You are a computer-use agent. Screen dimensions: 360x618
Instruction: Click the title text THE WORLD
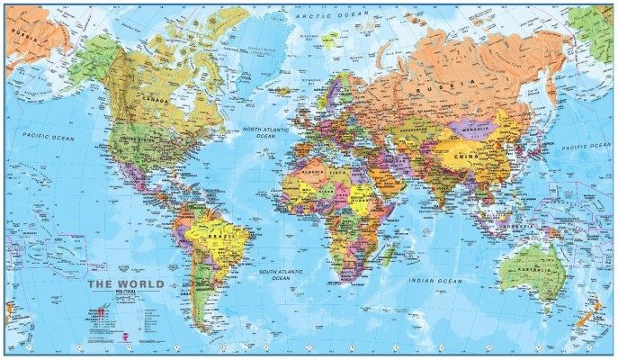tap(125, 284)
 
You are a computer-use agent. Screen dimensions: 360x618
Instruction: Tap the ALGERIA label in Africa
tap(311, 169)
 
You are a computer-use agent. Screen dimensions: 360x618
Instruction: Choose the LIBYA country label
tap(339, 171)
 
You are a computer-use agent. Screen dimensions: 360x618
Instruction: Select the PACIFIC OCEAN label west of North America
tap(49, 138)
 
